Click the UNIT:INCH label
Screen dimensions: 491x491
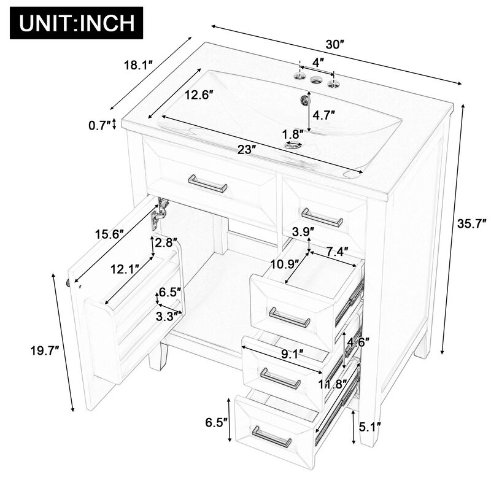pyautogui.click(x=77, y=23)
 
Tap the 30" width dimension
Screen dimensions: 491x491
pyautogui.click(x=334, y=45)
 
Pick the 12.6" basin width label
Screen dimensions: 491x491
pyautogui.click(x=198, y=96)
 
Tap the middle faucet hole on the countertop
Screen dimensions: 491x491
pyautogui.click(x=317, y=79)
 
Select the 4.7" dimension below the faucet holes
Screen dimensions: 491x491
pyautogui.click(x=323, y=114)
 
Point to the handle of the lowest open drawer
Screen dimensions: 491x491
pyautogui.click(x=272, y=436)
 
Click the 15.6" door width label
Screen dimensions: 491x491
pyautogui.click(x=110, y=234)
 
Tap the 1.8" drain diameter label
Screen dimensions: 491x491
pyautogui.click(x=293, y=133)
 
